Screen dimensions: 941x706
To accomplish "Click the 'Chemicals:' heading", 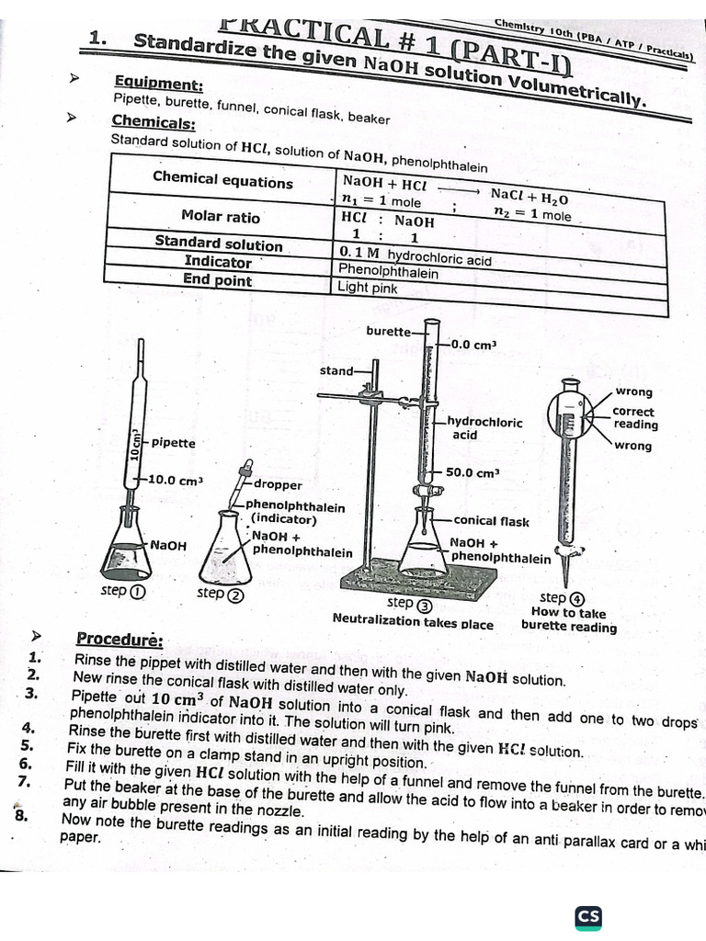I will pyautogui.click(x=153, y=122).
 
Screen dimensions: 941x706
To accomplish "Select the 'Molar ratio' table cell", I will pyautogui.click(x=221, y=217).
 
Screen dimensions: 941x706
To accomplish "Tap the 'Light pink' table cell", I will pyautogui.click(x=368, y=288).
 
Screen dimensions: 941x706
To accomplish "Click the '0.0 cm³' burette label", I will pyautogui.click(x=473, y=345).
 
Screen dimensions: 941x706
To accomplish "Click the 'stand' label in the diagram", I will pyautogui.click(x=336, y=370).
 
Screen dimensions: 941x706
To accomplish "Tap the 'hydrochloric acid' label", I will pyautogui.click(x=484, y=428).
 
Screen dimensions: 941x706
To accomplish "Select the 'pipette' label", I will pyautogui.click(x=174, y=443).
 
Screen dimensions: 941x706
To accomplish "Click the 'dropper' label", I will pyautogui.click(x=278, y=484).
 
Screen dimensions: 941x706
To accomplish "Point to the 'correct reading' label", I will pyautogui.click(x=635, y=418).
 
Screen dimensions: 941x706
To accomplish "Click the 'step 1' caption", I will pyautogui.click(x=122, y=591).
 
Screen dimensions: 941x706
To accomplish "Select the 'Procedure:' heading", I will pyautogui.click(x=120, y=639).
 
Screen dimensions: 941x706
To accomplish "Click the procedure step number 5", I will pyautogui.click(x=27, y=745).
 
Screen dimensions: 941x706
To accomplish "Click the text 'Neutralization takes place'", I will pyautogui.click(x=413, y=622).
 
